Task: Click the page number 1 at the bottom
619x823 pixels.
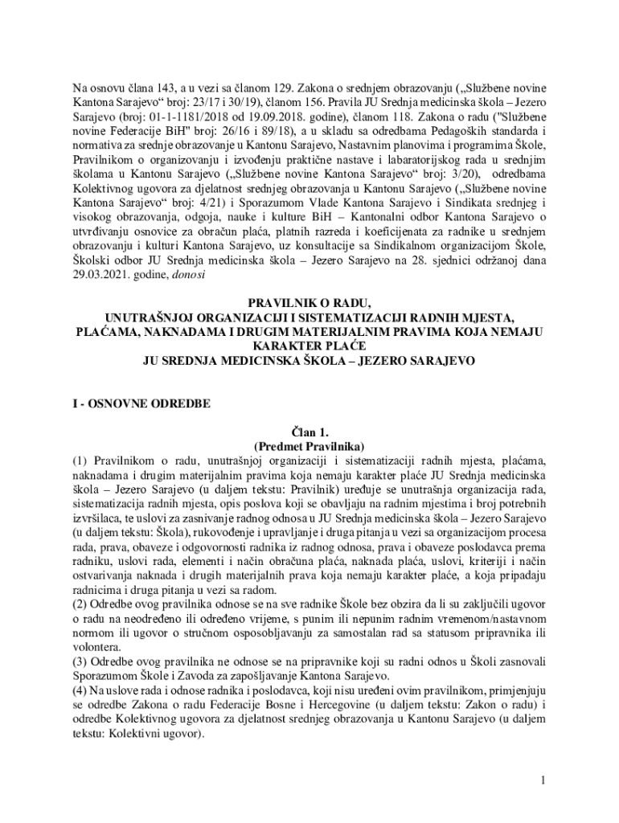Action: tap(543, 781)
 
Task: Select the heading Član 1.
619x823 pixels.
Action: tap(309, 432)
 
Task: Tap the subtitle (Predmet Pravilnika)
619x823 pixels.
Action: tap(309, 446)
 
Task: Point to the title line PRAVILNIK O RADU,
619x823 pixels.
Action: tap(309, 303)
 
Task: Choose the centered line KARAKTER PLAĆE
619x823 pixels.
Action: tap(309, 346)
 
